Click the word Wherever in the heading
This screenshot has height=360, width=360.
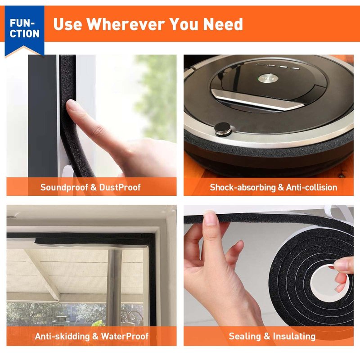(126, 24)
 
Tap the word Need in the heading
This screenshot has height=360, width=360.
(223, 24)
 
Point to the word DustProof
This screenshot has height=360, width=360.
(120, 187)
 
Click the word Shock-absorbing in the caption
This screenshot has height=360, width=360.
(243, 187)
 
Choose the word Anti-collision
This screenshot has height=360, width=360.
(311, 187)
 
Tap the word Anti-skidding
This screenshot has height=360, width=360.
(62, 336)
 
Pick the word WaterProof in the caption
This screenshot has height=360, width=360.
(125, 336)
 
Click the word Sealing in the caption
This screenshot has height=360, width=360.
(245, 336)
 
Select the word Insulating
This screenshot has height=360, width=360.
(294, 336)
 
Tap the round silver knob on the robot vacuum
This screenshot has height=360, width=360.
(223, 129)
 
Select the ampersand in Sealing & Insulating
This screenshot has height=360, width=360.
(267, 336)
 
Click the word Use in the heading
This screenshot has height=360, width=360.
(67, 24)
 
